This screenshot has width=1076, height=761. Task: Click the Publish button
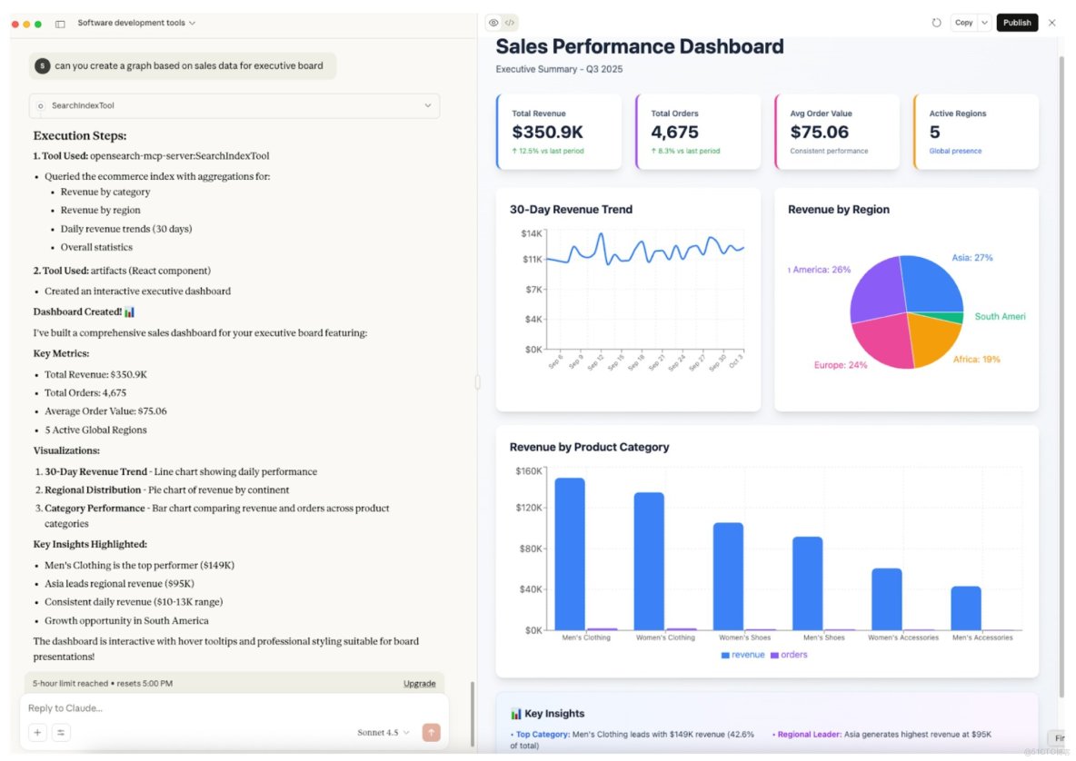click(x=1017, y=23)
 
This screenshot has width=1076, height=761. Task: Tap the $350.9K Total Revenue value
click(x=547, y=133)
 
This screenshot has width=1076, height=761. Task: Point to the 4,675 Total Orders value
click(x=675, y=133)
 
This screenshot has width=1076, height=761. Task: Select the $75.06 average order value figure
click(x=820, y=133)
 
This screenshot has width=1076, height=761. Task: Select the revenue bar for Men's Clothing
click(x=570, y=553)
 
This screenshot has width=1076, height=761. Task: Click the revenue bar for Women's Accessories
click(x=886, y=598)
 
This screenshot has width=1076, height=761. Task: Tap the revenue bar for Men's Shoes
click(x=807, y=583)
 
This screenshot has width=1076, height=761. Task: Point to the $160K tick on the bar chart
click(x=528, y=470)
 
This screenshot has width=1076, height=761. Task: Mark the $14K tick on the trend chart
click(x=531, y=233)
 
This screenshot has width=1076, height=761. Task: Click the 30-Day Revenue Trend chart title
click(x=571, y=209)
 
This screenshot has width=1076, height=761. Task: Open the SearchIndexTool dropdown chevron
click(x=428, y=105)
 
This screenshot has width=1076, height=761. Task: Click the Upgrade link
click(x=419, y=683)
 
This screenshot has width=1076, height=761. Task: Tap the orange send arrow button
click(x=431, y=732)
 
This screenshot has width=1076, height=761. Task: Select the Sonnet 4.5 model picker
click(x=383, y=732)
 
